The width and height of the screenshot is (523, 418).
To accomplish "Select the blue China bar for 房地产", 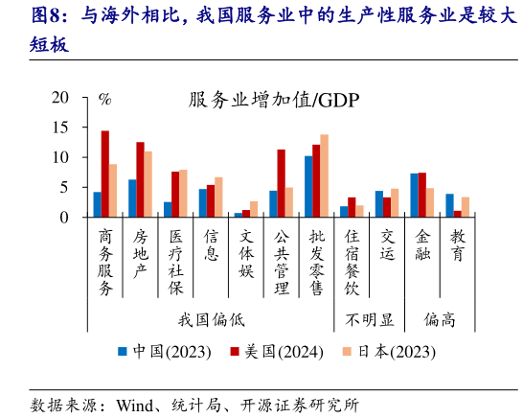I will pyautogui.click(x=132, y=198).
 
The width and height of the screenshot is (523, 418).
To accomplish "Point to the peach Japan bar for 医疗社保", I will pyautogui.click(x=183, y=194).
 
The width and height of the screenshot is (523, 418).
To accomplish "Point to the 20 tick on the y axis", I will pyautogui.click(x=60, y=98).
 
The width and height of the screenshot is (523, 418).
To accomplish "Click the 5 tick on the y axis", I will pyautogui.click(x=65, y=188).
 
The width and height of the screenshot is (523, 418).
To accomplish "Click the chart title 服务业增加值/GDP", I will pyautogui.click(x=259, y=101).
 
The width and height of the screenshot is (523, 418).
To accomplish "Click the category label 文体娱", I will pyautogui.click(x=246, y=251).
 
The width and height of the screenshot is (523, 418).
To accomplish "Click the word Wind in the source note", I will pyautogui.click(x=133, y=404).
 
